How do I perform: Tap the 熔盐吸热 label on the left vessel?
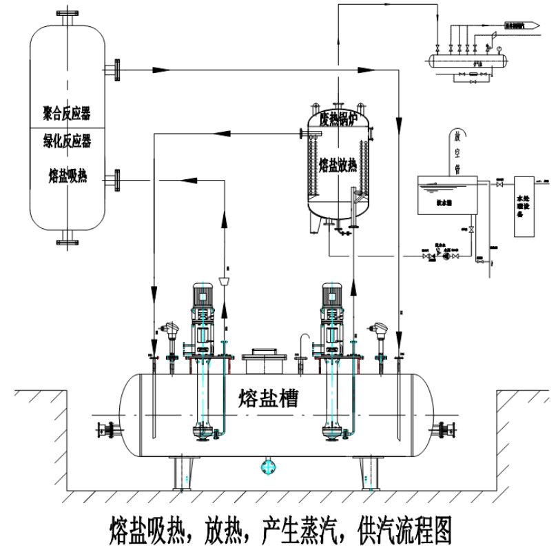point(68,176)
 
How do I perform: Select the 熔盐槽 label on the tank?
point(268,398)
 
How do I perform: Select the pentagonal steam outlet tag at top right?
point(523,26)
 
